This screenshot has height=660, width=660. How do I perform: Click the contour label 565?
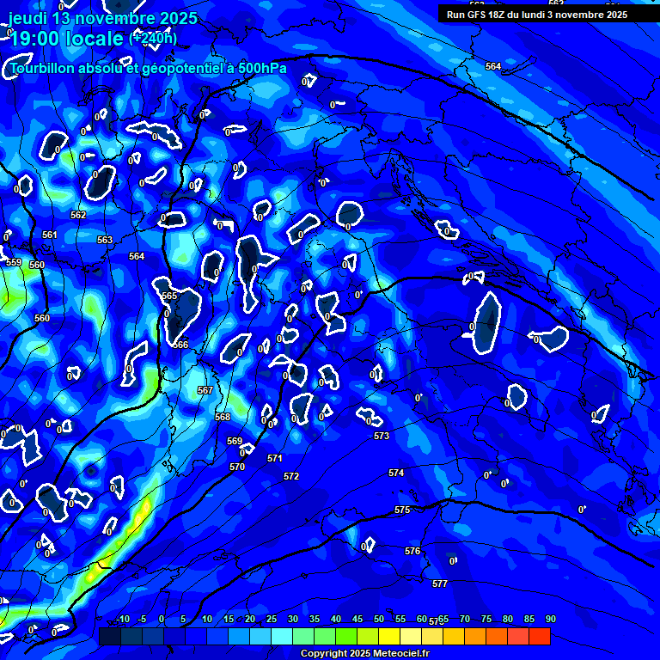click(169, 296)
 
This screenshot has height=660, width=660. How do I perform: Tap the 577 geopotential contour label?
click(440, 584)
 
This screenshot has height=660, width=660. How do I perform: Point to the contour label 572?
click(291, 476)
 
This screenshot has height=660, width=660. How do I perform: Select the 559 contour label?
click(14, 262)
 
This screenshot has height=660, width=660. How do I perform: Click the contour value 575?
click(402, 510)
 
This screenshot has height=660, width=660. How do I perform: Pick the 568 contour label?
click(223, 417)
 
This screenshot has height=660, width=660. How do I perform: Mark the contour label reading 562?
click(78, 215)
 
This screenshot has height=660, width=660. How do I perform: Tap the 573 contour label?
click(382, 436)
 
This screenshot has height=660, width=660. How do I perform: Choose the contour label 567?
click(205, 390)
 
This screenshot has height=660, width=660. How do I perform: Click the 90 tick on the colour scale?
click(550, 620)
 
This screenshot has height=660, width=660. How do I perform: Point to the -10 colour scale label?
click(123, 620)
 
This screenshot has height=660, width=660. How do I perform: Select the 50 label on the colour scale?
click(379, 620)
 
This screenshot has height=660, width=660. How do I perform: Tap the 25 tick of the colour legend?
click(272, 620)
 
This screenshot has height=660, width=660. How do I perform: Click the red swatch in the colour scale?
click(539, 636)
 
